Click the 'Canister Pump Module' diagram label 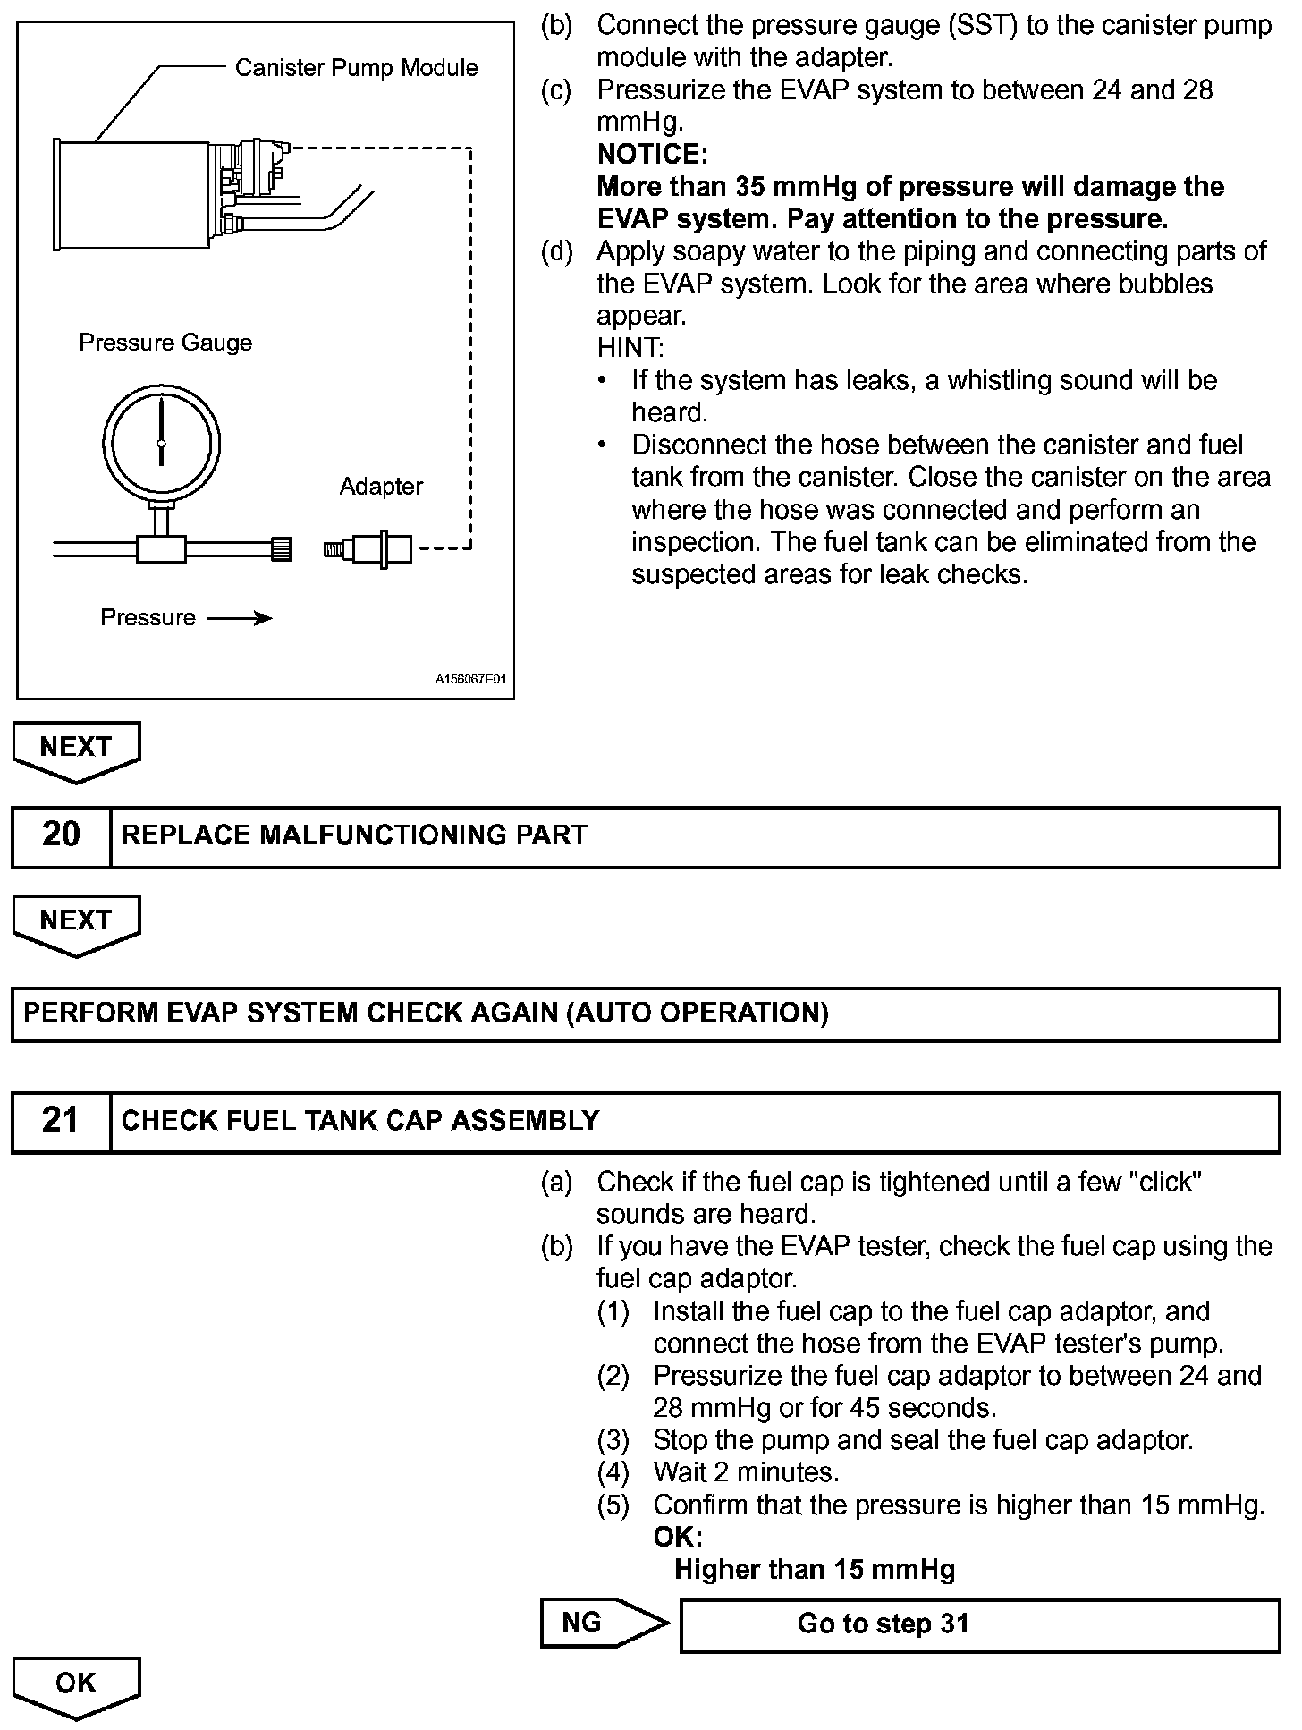click(x=356, y=68)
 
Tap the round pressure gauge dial click(x=161, y=443)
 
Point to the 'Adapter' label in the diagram click(x=381, y=487)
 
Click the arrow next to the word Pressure click(x=240, y=618)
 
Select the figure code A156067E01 click(x=470, y=680)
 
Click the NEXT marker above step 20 click(x=76, y=748)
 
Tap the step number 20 click(x=61, y=835)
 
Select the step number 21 click(x=61, y=1120)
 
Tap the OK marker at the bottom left click(x=76, y=1684)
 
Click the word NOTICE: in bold click(x=652, y=155)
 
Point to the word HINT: click(x=630, y=348)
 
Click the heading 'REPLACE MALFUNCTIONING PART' click(x=354, y=835)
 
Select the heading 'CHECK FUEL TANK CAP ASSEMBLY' click(x=360, y=1121)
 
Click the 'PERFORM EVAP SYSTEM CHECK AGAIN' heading click(x=426, y=1013)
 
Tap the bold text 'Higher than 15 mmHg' click(x=815, y=1570)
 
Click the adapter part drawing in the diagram click(x=368, y=547)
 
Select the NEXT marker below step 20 click(x=76, y=921)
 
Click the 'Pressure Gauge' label click(x=165, y=343)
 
